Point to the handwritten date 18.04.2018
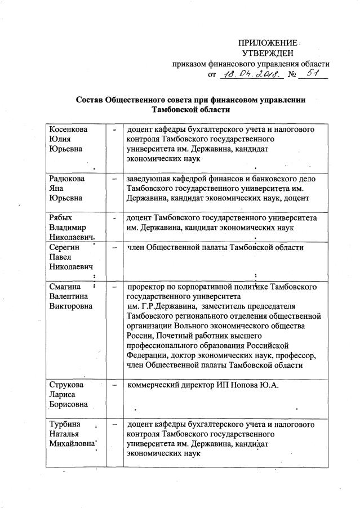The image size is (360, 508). pos(247,74)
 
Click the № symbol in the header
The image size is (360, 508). pos(291,75)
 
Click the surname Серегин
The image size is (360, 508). pos(60,247)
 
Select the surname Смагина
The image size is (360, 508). pos(62,287)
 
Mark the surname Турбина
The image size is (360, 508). pos(61,424)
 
